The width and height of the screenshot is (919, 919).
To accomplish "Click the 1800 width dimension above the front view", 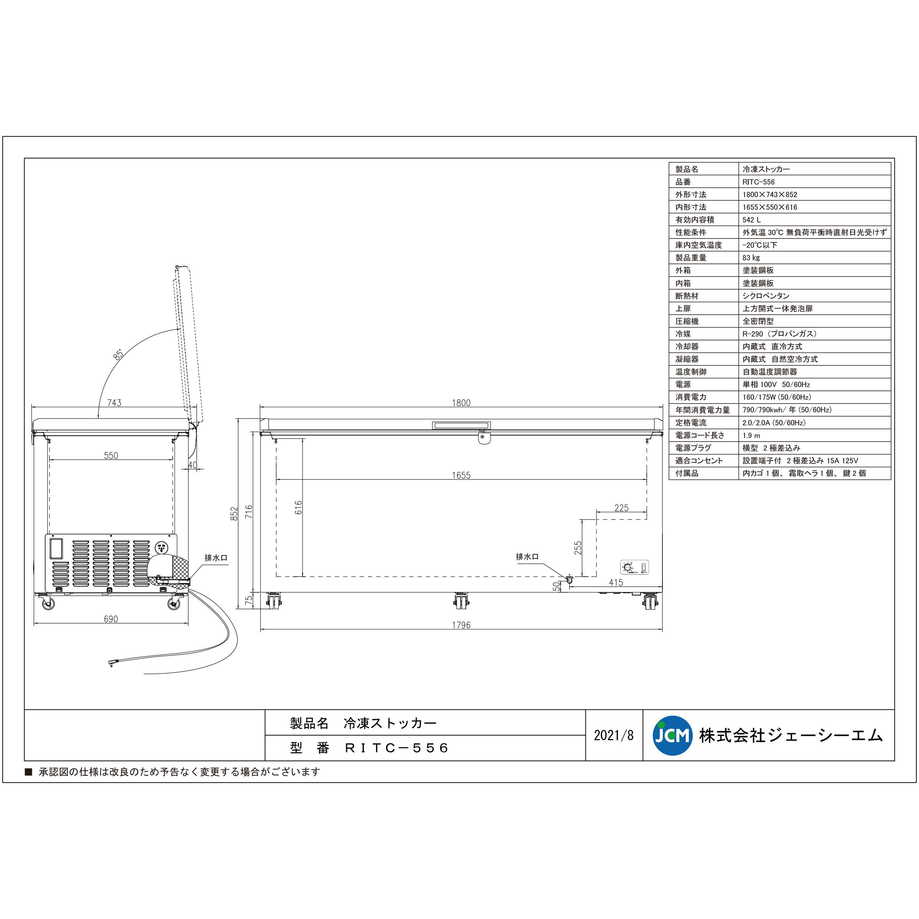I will coord(461,403).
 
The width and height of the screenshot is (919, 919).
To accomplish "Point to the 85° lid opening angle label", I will coord(118,354).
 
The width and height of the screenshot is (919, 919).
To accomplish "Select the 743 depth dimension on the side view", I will coord(114,403).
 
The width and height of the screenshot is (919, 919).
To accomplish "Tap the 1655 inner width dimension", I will coord(461,475).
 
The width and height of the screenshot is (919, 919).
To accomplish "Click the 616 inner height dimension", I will coord(298,507).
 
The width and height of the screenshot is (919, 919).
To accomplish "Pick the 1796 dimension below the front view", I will coord(461,625).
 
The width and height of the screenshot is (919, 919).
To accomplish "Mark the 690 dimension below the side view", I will coord(111,619).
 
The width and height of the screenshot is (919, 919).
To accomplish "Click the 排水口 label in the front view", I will coord(527,556).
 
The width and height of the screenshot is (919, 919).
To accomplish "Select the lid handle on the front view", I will coord(461,425).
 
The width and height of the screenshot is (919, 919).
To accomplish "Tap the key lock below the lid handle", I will coord(484,437).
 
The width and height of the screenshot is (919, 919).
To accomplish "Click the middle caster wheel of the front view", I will coord(461,602).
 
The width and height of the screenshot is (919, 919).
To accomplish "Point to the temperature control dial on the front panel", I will coord(628,567).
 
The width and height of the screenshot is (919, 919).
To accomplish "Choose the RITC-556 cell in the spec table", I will coord(759,182).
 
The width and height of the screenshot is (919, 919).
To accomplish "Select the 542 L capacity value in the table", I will coord(752,220).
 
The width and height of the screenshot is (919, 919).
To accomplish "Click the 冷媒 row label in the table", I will coord(683,334).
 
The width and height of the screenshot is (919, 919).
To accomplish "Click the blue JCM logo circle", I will coord(672,735).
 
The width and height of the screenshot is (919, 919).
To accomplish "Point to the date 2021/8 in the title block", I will coord(613,735).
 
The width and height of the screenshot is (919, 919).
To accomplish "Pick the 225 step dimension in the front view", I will coord(621,508).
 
